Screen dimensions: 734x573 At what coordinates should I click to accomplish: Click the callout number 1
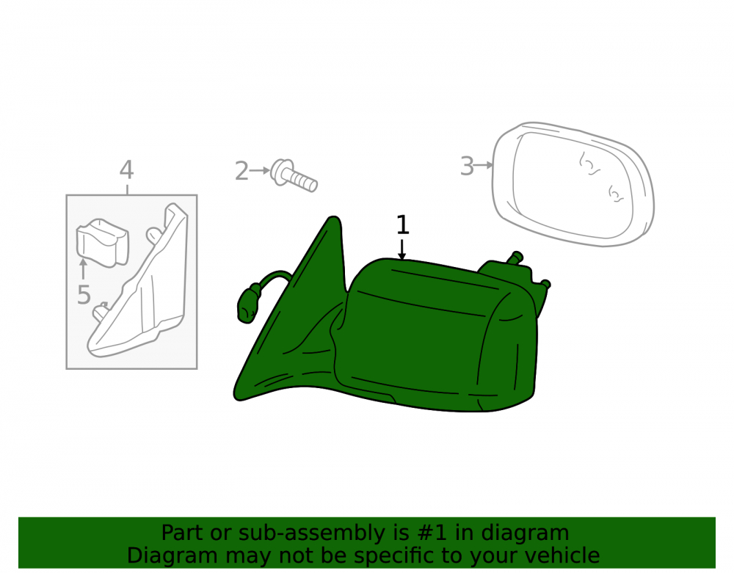click(402, 225)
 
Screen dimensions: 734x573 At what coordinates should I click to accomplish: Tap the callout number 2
click(241, 171)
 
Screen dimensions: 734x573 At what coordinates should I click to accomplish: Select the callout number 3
click(467, 166)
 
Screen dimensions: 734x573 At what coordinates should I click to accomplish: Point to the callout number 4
click(126, 169)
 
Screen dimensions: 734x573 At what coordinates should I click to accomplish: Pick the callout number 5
click(84, 295)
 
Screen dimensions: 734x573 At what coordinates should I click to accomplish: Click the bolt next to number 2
click(294, 175)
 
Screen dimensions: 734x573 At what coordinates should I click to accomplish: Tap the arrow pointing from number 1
click(401, 249)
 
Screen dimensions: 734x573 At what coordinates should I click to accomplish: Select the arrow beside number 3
click(484, 165)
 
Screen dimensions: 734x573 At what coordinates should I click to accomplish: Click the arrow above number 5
click(84, 269)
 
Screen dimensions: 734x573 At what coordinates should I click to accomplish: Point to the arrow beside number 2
click(260, 171)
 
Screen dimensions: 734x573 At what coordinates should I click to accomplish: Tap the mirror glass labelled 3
click(573, 184)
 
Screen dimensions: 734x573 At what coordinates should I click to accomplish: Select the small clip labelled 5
click(103, 243)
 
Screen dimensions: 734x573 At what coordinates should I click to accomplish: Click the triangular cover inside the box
click(140, 285)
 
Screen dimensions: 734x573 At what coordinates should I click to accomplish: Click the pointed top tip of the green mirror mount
click(333, 216)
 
